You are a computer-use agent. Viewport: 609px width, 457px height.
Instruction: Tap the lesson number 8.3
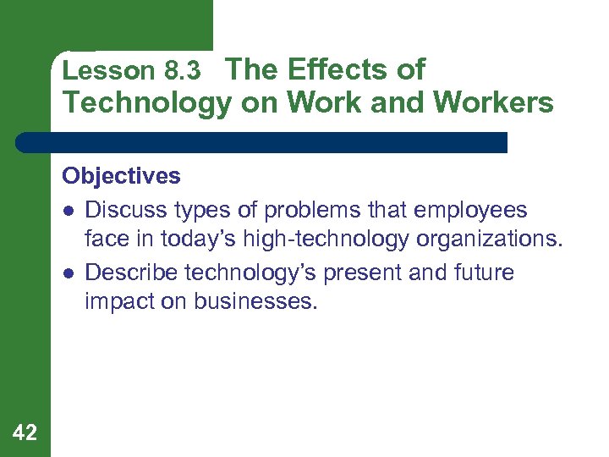[181, 72]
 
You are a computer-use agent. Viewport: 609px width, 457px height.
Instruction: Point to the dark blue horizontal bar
[261, 142]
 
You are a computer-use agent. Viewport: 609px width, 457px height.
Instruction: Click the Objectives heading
[121, 176]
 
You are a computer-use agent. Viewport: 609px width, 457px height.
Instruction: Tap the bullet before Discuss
[68, 210]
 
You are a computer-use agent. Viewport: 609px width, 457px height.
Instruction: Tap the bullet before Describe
[68, 273]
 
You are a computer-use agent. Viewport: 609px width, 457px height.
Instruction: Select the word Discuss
[124, 209]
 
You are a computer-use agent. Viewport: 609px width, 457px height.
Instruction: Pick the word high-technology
[326, 240]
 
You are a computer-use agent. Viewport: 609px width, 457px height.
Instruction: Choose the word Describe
[130, 273]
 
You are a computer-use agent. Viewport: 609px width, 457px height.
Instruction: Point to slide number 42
[25, 433]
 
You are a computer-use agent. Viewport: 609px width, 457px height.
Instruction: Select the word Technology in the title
[146, 103]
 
